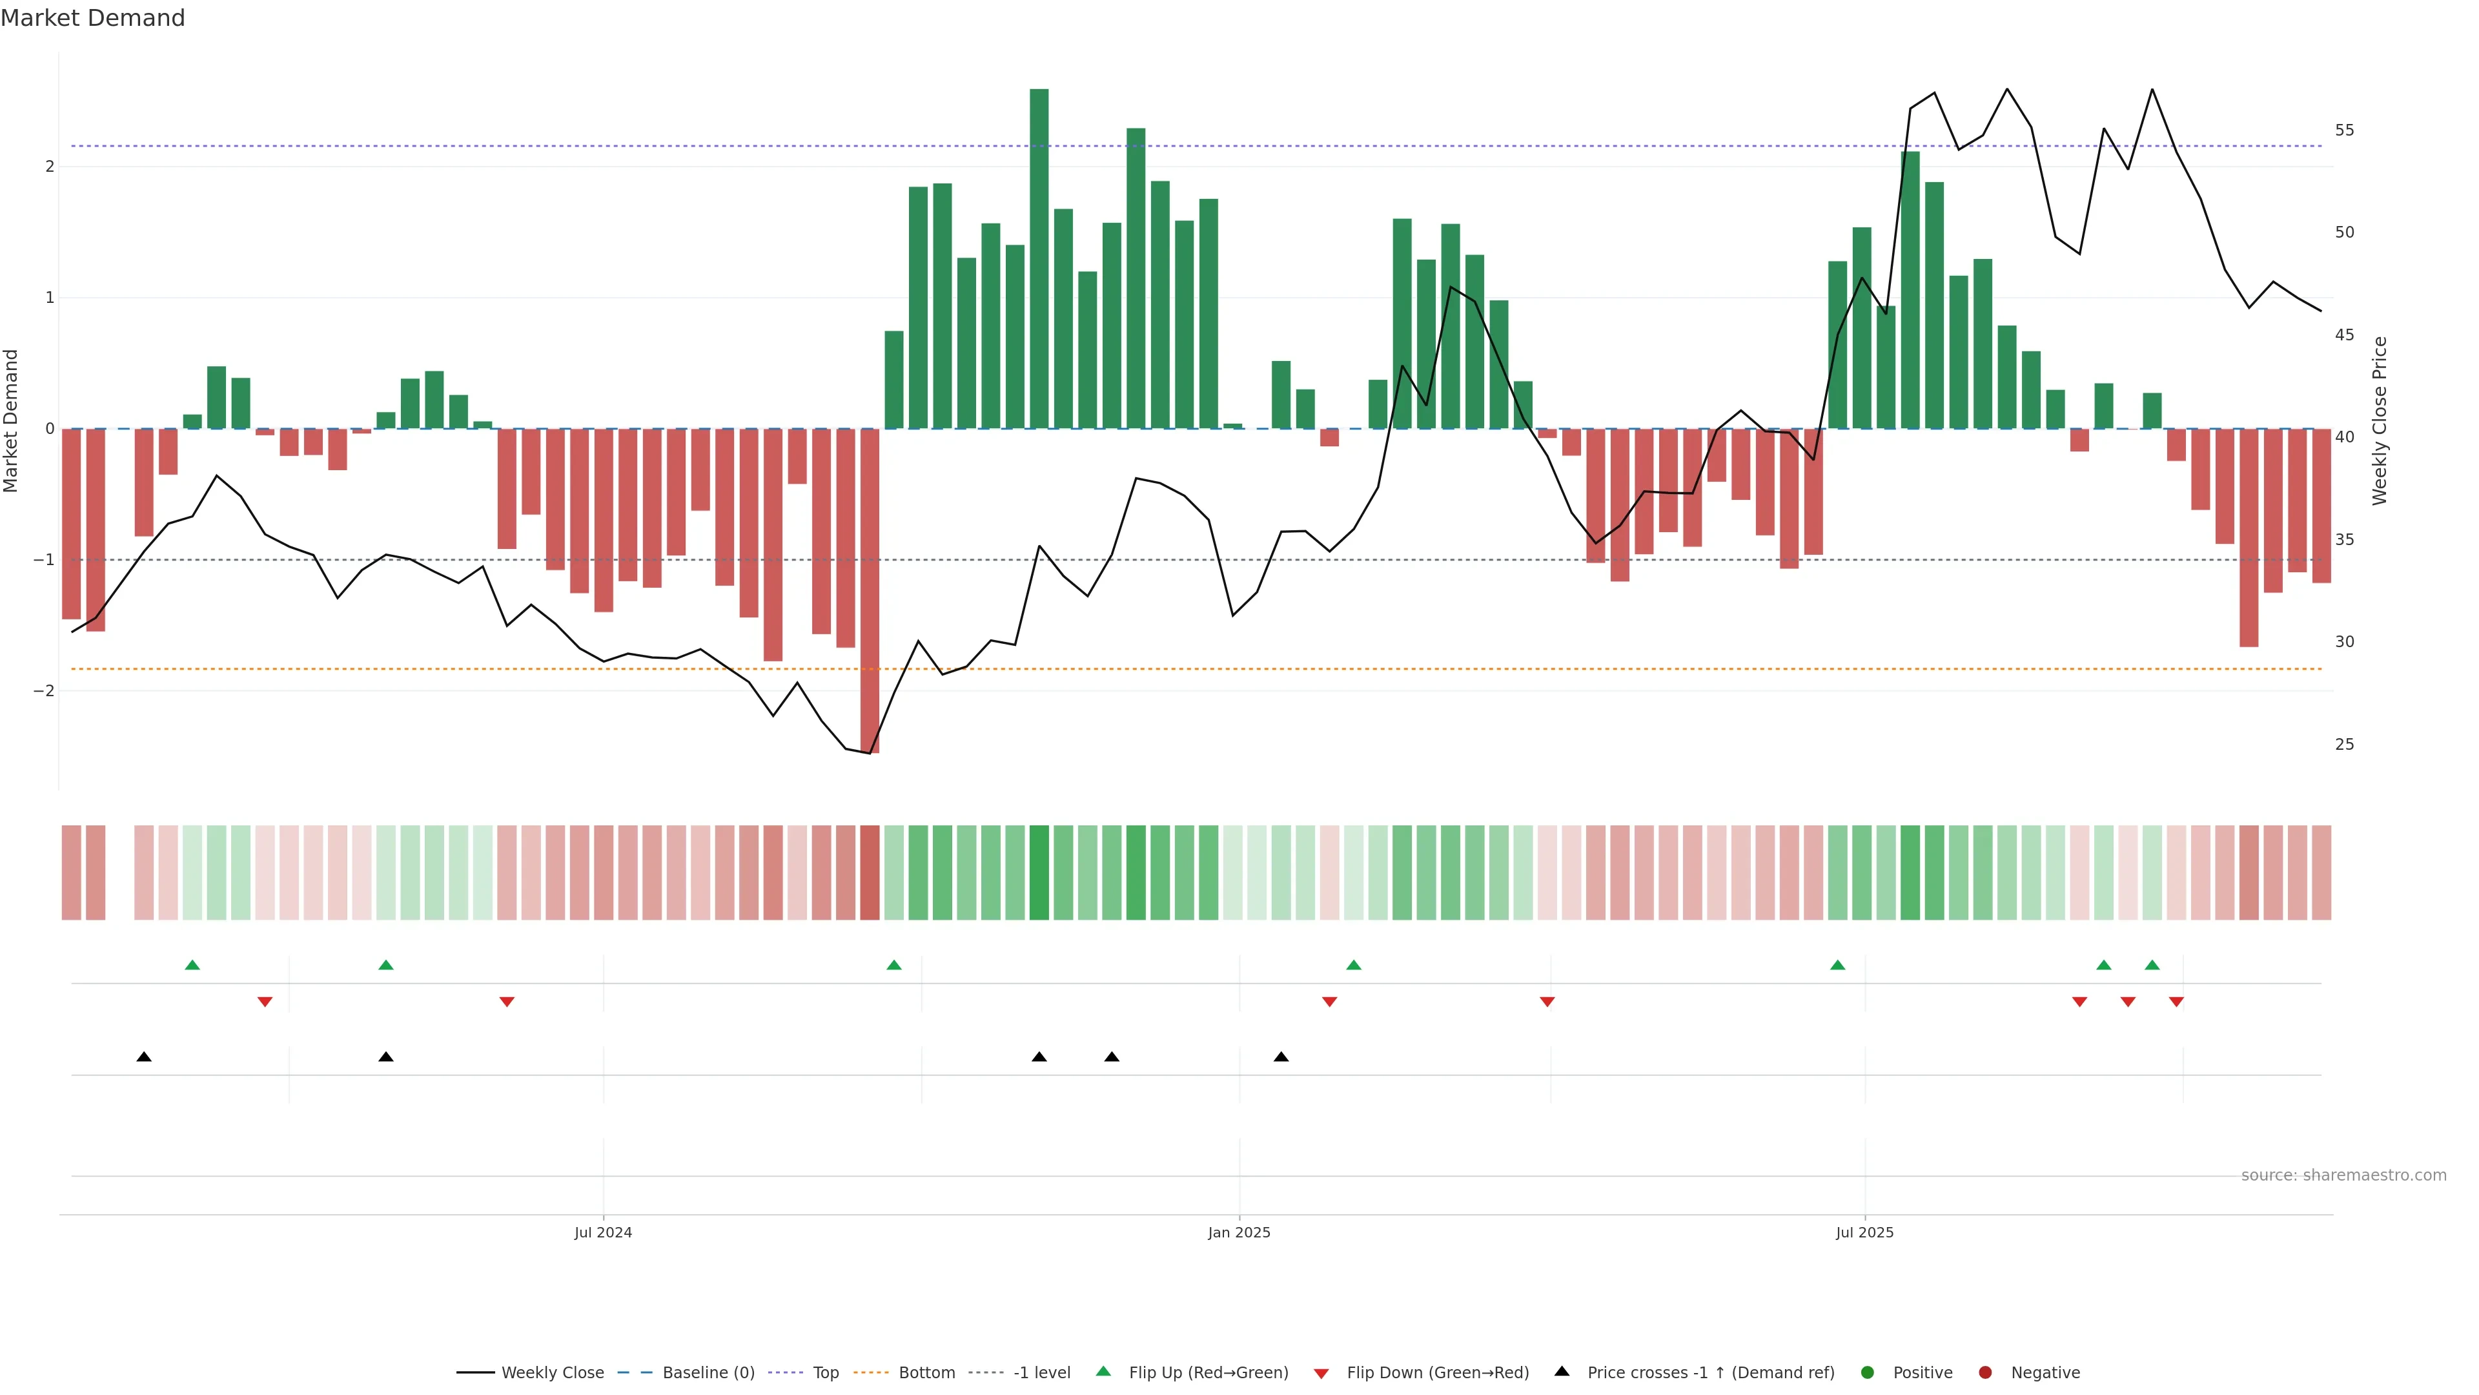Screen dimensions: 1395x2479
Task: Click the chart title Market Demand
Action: click(92, 18)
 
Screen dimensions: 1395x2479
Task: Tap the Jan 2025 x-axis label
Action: click(1239, 1232)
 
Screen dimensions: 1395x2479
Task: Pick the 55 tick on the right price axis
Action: click(2344, 130)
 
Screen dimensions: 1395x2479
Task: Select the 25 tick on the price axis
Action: click(2344, 744)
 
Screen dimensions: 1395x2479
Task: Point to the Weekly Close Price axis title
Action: click(2380, 420)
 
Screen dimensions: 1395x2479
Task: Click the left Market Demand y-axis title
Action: click(12, 420)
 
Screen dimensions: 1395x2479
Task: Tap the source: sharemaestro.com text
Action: click(2343, 1175)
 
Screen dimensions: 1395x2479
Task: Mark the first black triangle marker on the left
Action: click(145, 1057)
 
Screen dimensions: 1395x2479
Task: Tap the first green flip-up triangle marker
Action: click(192, 965)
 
